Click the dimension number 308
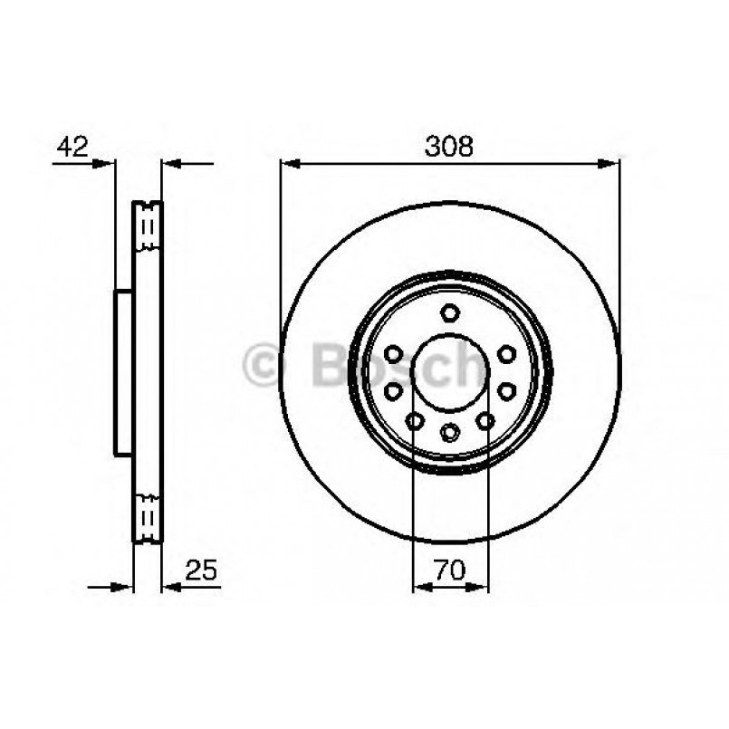click(x=449, y=148)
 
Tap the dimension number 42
click(x=72, y=148)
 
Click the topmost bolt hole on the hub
click(x=450, y=313)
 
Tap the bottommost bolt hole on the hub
click(x=450, y=433)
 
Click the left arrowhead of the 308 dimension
click(x=289, y=164)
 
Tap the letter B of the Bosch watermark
click(x=331, y=366)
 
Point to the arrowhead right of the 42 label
click(x=108, y=164)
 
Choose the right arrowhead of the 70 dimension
click(x=481, y=587)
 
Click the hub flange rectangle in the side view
click(x=124, y=371)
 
